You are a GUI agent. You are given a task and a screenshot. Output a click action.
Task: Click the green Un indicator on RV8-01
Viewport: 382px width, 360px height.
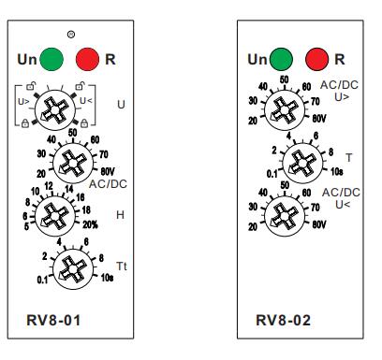coord(53,59)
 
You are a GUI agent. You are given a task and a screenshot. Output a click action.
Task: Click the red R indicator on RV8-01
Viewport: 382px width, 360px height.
coord(87,59)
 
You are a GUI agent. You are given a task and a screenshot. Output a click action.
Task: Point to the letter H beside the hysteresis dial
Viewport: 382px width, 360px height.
coord(119,215)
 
